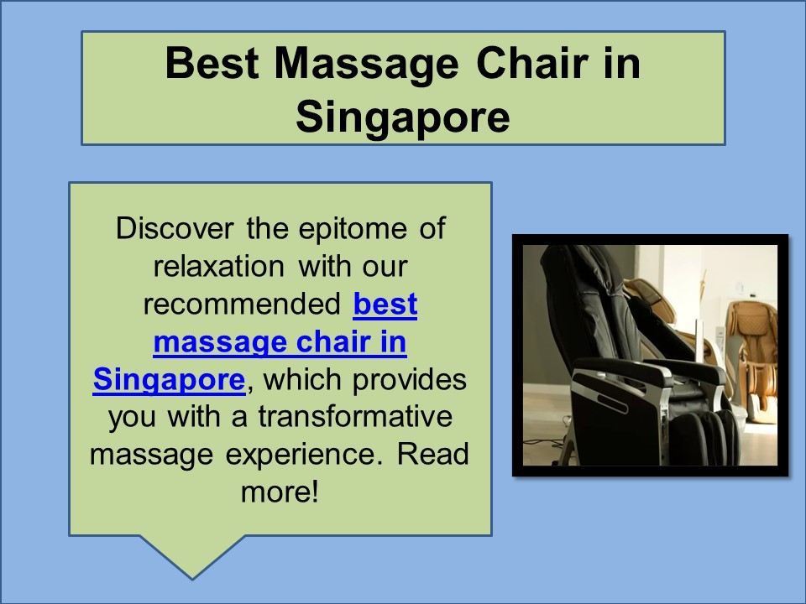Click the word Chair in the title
tap(531, 63)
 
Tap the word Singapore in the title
tap(403, 117)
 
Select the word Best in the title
tap(212, 63)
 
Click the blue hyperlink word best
tap(385, 304)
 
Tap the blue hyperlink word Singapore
tap(169, 380)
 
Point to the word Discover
tap(175, 228)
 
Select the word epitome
tap(353, 230)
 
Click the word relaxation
tap(219, 267)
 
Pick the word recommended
tap(242, 304)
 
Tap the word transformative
tap(355, 417)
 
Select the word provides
tap(409, 381)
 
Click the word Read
tap(433, 454)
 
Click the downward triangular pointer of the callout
tap(192, 556)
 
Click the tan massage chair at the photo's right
tap(751, 360)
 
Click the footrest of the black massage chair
tap(704, 436)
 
